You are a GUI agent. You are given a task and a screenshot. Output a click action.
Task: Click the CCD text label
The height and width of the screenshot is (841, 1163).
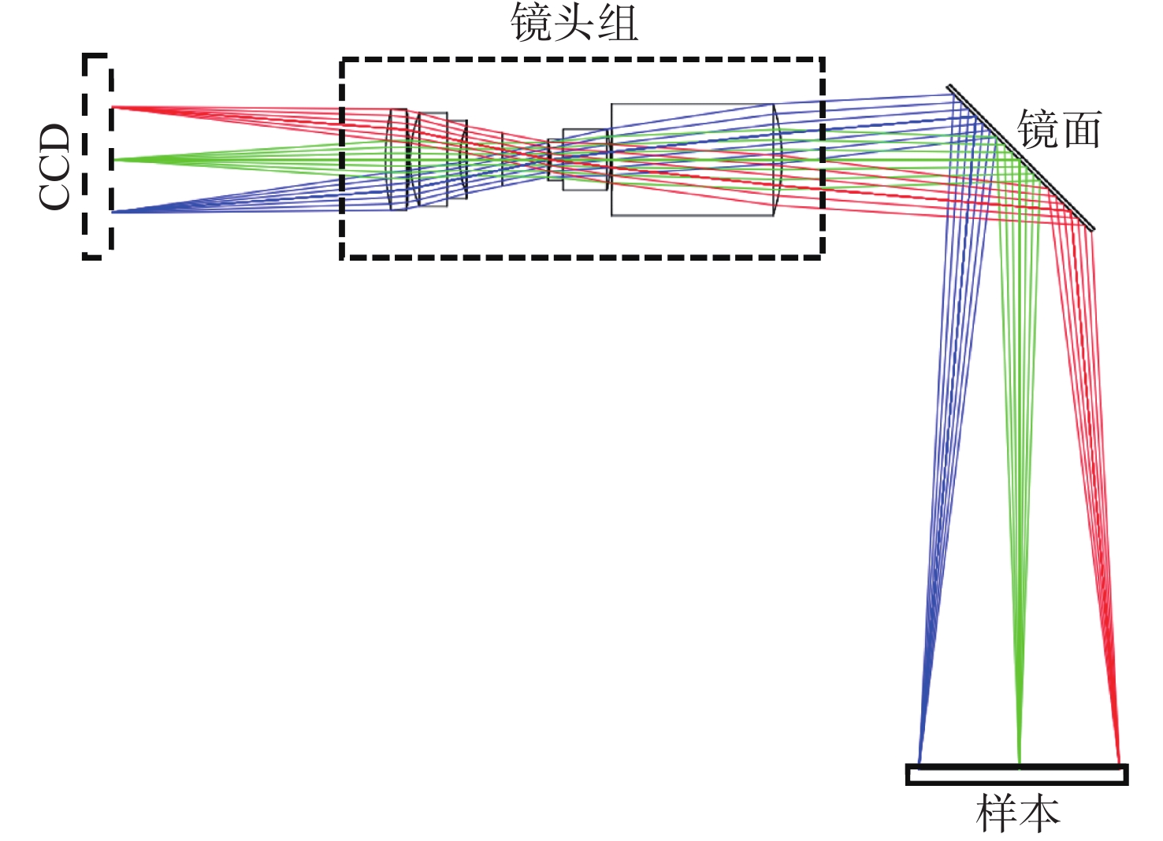[54, 166]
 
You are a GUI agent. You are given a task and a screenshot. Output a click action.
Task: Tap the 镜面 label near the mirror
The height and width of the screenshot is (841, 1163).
[1059, 129]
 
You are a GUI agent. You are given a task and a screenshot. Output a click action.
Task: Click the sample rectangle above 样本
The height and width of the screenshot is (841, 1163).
[1016, 775]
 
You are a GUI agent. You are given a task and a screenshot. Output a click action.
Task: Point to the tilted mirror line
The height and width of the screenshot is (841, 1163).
[1020, 157]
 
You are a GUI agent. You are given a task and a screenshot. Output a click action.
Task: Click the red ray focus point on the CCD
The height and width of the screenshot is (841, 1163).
[113, 107]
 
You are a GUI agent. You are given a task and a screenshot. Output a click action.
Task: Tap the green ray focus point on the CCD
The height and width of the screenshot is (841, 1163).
[113, 160]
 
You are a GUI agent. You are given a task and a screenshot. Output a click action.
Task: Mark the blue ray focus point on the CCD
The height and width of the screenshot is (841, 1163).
[113, 212]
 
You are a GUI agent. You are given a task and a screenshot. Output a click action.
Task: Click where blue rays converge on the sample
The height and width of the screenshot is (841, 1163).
[919, 763]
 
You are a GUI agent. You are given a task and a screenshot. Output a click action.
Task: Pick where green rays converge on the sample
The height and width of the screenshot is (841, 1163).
[1019, 763]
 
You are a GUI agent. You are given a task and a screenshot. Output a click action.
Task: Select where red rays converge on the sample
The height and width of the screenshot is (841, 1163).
[1119, 763]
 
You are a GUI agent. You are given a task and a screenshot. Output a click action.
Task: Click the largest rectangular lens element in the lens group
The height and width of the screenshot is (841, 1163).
[693, 160]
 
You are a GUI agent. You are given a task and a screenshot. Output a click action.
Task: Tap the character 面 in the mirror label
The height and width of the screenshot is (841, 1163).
[1082, 130]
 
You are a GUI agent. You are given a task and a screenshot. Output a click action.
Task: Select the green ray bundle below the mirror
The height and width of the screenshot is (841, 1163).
[1019, 457]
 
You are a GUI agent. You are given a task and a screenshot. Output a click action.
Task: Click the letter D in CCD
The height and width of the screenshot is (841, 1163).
[54, 139]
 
